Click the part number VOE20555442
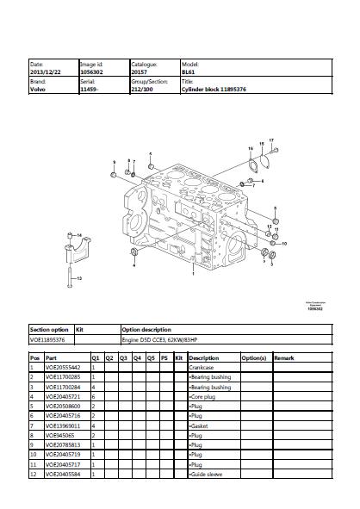coord(62,368)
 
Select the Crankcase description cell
coord(201,368)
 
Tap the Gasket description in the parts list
coord(197,425)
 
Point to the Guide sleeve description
coord(205,474)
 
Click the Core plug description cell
coord(202,396)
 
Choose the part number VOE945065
coord(58,435)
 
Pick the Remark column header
coord(284,357)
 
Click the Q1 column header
coord(96,357)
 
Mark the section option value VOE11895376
coord(48,340)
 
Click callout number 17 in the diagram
coord(271,139)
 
